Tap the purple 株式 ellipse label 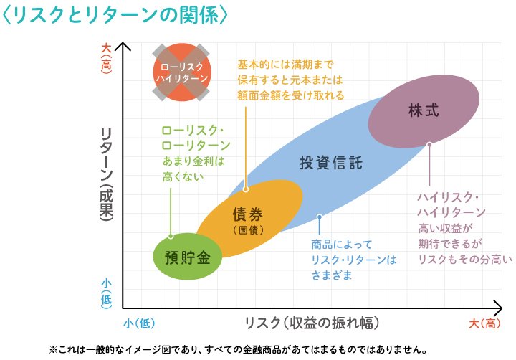click(423, 111)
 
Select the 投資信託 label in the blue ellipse click(330, 162)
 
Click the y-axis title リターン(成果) click(107, 176)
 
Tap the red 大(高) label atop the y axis click(107, 56)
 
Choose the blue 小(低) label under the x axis click(139, 323)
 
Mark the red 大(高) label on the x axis click(484, 323)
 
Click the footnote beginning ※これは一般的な click(238, 350)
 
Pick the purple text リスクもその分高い click(457, 257)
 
